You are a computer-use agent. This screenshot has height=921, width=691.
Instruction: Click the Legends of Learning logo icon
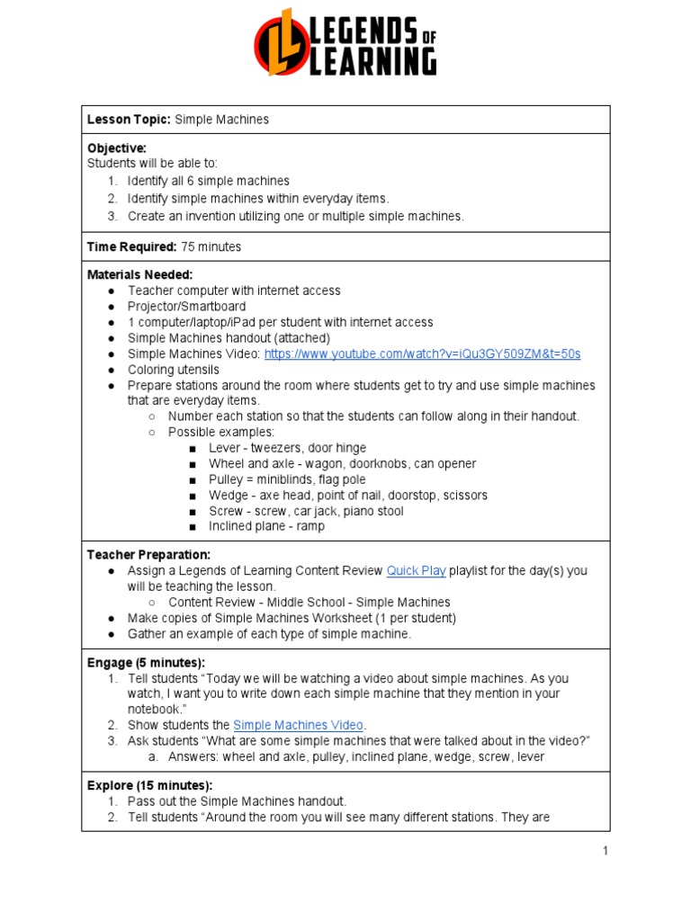[x=282, y=42]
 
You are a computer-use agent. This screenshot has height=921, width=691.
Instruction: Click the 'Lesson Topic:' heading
[x=128, y=120]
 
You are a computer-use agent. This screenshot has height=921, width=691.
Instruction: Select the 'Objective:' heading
[x=117, y=148]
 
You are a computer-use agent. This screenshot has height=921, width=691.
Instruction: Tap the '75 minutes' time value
[x=211, y=246]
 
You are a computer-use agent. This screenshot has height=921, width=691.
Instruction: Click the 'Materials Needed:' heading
[x=139, y=274]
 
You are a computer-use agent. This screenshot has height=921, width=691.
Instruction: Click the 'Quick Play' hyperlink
[x=415, y=570]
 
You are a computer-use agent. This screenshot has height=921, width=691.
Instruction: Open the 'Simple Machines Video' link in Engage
[x=298, y=725]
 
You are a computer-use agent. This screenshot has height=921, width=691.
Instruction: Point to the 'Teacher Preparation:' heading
[x=148, y=555]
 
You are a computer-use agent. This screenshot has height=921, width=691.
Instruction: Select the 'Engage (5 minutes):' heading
[x=146, y=663]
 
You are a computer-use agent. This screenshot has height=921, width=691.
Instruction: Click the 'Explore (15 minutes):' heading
[x=149, y=785]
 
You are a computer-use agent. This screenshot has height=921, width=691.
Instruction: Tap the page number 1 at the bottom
[x=606, y=851]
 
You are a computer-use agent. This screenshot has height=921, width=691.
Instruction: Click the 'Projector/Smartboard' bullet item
[x=186, y=307]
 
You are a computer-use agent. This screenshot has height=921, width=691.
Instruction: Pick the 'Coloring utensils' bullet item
[x=173, y=370]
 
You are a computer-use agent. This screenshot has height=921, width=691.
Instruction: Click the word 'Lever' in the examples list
[x=224, y=448]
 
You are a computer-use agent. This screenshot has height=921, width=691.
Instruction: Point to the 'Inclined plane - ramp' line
[x=266, y=526]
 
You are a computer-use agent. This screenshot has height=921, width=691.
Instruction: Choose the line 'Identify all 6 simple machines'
[x=208, y=181]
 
